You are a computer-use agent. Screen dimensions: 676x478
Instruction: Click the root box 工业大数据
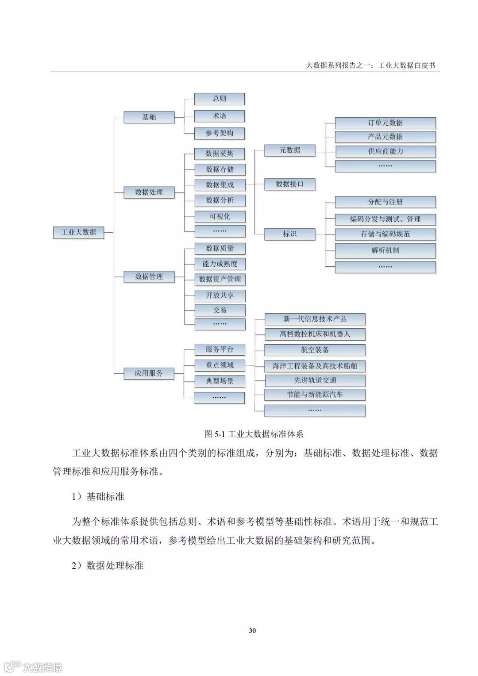[78, 232]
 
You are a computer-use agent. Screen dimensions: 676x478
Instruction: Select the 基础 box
[149, 117]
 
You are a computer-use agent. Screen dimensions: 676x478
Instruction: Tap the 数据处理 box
[149, 192]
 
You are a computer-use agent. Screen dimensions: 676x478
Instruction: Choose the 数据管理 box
[149, 277]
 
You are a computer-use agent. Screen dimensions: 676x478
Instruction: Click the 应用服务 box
[149, 373]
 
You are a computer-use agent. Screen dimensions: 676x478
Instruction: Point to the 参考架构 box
[220, 133]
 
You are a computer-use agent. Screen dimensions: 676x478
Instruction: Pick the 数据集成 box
[220, 185]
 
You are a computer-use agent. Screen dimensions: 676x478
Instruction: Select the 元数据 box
[289, 150]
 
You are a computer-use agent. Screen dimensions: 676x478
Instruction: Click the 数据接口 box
[289, 184]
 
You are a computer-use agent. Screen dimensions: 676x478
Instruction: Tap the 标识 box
[289, 234]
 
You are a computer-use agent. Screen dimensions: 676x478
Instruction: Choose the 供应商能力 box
[385, 151]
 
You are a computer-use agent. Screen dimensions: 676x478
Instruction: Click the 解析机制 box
[385, 250]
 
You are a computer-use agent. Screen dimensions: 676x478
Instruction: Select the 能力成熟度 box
[220, 264]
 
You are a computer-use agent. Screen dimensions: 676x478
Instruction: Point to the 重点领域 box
[220, 365]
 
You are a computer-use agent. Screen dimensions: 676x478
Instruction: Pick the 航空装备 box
[315, 350]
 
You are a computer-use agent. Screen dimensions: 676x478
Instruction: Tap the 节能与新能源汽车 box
[315, 395]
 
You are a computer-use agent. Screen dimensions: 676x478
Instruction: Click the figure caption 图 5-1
[254, 434]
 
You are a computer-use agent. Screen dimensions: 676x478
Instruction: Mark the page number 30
[252, 630]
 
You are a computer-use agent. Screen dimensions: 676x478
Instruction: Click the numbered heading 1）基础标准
[98, 497]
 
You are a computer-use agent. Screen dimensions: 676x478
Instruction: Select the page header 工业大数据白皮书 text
[407, 65]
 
